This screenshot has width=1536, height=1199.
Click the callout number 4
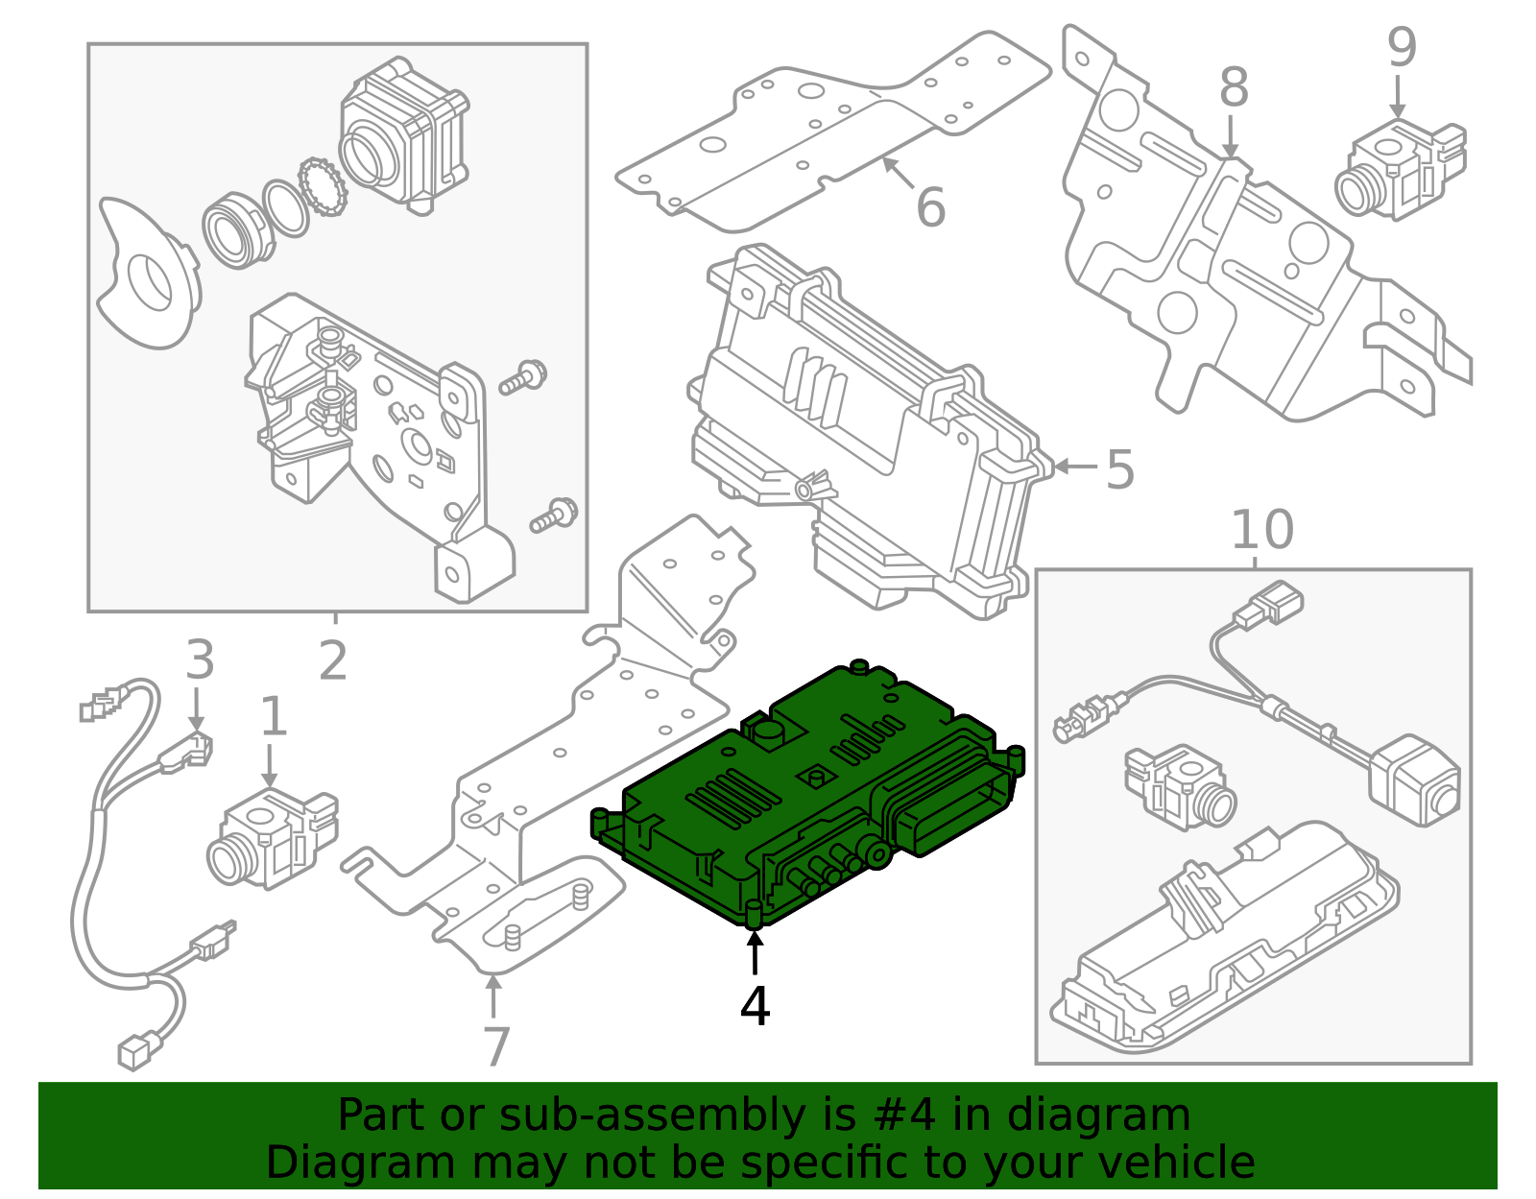point(755,1007)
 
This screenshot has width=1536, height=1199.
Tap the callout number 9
point(1401,48)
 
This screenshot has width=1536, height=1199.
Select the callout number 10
point(1261,530)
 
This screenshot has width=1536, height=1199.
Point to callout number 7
point(495,1046)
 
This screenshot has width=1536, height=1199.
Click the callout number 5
point(1119,469)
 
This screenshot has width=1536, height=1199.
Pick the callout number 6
point(930,207)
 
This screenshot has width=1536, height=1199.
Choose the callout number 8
point(1234,88)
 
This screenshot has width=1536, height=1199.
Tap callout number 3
point(199,660)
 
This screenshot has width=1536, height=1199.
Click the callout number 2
point(332,660)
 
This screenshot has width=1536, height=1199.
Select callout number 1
point(274,717)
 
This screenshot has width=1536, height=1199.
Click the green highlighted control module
point(806,797)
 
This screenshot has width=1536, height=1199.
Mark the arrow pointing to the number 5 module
point(1074,468)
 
